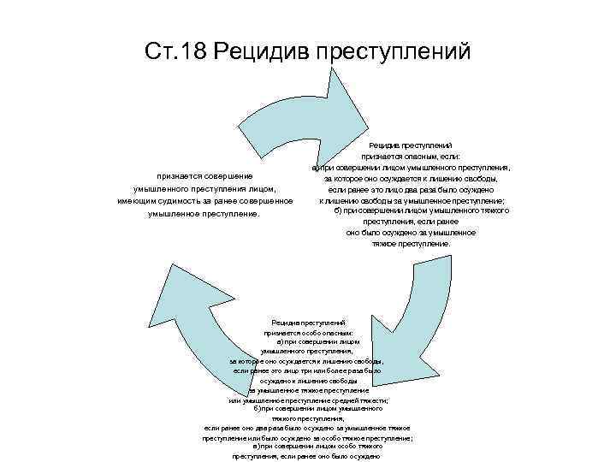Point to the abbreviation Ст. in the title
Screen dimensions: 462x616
click(159, 52)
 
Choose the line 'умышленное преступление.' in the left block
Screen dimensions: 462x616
click(204, 213)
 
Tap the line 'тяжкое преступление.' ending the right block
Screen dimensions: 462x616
click(411, 243)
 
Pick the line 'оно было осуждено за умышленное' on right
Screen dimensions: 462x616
click(412, 232)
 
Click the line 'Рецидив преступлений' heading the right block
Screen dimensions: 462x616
click(411, 146)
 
